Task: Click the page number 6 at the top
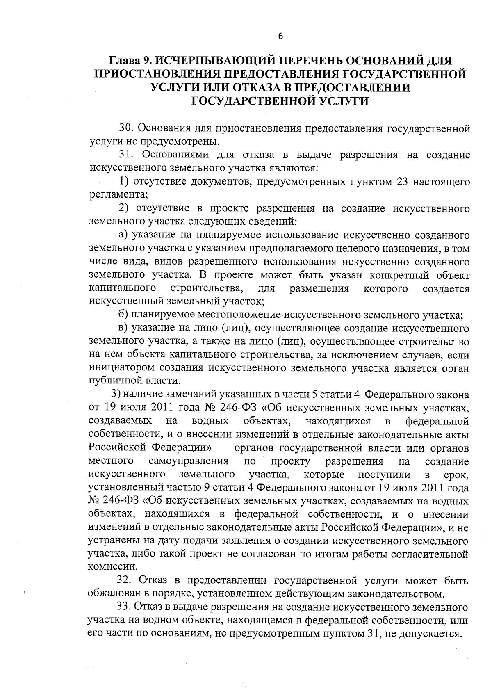click(x=280, y=36)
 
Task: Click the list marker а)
click(x=123, y=235)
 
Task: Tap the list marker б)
click(x=123, y=315)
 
